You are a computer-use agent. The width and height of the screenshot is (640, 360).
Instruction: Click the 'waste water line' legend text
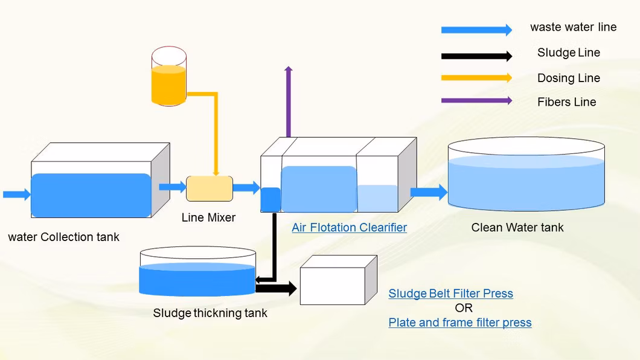coord(573,27)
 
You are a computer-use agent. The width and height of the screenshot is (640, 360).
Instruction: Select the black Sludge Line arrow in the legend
coord(476,56)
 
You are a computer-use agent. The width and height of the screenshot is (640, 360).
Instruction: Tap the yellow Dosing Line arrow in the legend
coord(476,77)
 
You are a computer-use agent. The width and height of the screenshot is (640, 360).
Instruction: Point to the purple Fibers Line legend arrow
coord(476,101)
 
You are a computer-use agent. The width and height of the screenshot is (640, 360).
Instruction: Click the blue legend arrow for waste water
coord(476,30)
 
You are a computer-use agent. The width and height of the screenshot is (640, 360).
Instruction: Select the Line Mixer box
coord(210,188)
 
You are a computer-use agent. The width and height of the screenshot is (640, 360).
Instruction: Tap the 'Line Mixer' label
coord(208,217)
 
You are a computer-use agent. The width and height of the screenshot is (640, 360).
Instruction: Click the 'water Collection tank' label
coord(63,237)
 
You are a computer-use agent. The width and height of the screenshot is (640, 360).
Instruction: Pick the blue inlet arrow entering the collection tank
coord(16,194)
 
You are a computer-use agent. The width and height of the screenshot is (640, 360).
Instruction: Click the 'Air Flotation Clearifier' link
coord(349,228)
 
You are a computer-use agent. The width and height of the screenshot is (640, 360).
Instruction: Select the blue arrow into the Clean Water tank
coord(429,193)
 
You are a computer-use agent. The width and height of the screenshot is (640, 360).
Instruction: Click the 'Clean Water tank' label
coord(517,228)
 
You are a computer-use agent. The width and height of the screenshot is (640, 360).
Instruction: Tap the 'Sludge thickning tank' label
coord(210,313)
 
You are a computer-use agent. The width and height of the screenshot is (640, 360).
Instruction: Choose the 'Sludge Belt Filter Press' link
coord(450,294)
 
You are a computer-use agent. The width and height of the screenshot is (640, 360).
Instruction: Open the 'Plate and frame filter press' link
coord(460,323)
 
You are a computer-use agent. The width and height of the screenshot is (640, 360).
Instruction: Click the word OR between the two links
coord(464,308)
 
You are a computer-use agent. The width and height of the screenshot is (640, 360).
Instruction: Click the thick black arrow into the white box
coord(277,289)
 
